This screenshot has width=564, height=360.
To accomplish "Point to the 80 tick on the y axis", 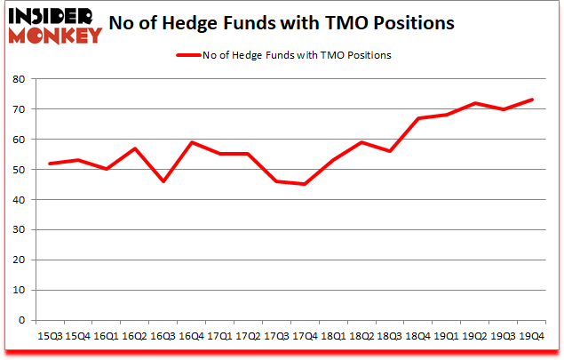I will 19,79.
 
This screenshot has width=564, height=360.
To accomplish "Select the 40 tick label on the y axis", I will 19,200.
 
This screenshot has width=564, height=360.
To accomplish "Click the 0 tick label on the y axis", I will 21,321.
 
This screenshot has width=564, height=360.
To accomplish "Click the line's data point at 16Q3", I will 163,181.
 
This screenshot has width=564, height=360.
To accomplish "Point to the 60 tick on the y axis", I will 19,140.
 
